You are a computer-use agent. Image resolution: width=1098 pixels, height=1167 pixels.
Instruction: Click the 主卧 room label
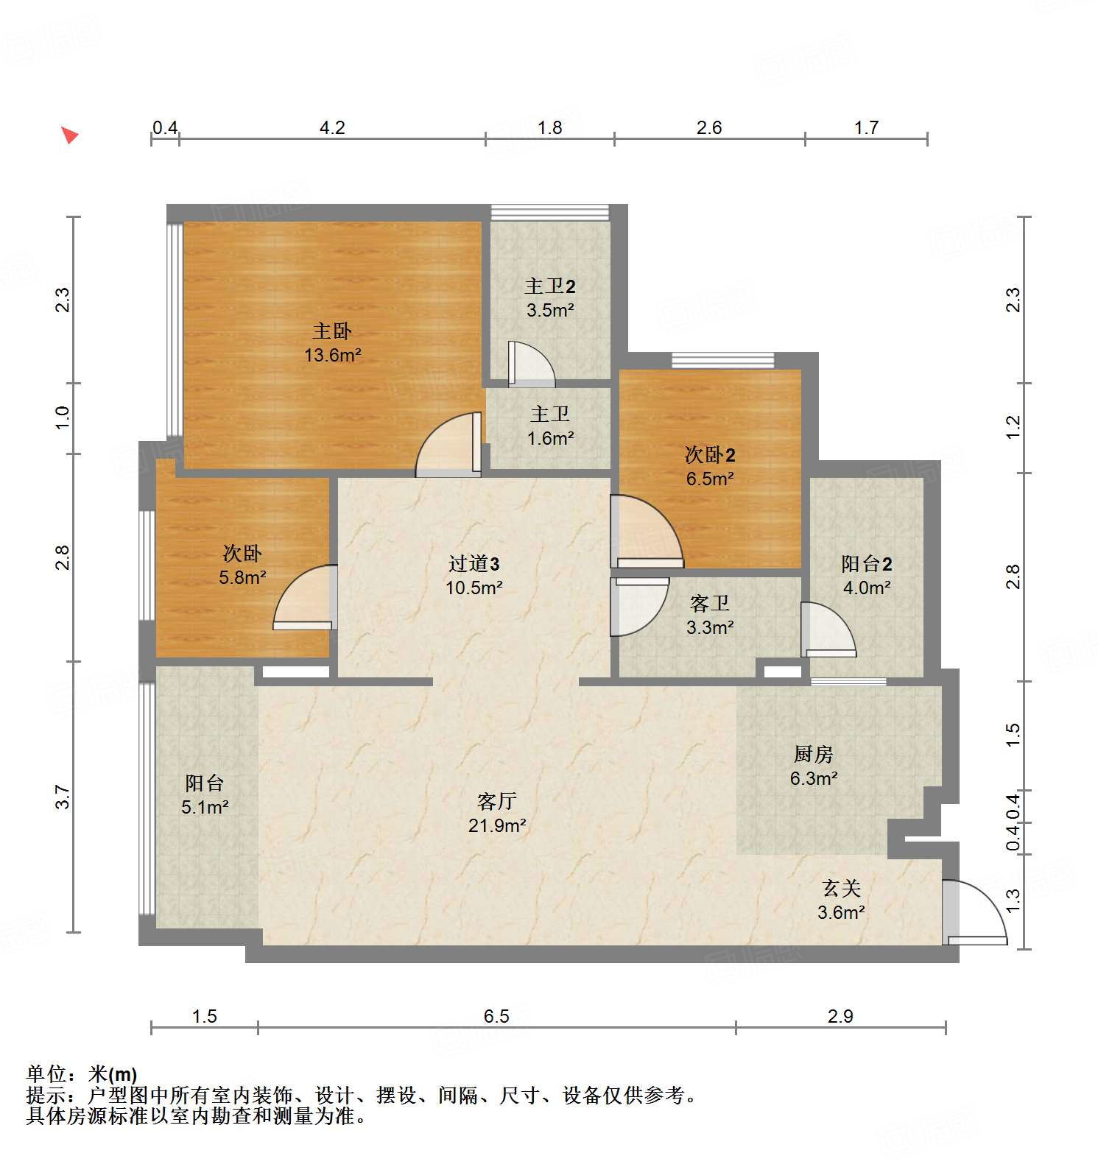coord(332,331)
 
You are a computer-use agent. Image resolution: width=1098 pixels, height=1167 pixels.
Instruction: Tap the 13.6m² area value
coord(332,355)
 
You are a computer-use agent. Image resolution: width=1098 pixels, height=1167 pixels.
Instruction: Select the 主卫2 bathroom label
coord(549,286)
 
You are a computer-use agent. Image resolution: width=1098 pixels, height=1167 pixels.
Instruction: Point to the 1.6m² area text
coord(550,439)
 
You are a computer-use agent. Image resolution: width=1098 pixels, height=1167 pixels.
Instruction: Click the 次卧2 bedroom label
coord(710,454)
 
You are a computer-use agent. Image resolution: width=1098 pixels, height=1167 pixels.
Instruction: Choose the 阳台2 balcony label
coord(866,564)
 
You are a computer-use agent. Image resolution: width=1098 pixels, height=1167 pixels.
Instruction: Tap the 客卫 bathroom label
coord(709,604)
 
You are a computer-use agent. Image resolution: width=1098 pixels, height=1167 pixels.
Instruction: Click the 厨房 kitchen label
coord(813,754)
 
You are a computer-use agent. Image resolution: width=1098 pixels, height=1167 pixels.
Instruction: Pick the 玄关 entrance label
coord(841,888)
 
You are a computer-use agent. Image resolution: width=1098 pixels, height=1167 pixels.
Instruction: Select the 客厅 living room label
coord(496,801)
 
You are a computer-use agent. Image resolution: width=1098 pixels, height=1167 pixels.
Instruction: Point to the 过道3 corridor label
coord(474,564)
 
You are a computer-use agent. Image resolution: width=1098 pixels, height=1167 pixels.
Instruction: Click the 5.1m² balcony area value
coord(205,808)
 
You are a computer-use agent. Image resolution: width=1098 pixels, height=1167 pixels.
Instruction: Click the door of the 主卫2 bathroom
coord(531,364)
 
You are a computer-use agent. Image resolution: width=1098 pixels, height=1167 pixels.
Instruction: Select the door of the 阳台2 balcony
coord(828,630)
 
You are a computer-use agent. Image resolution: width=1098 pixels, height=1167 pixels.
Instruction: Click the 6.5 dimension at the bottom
coord(496,1017)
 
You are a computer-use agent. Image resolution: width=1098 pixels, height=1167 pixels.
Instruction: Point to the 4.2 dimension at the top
coord(332,128)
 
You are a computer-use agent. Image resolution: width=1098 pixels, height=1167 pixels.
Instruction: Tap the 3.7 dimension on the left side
coord(63,797)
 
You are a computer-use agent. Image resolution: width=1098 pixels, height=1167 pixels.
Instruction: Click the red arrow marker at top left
coord(69,135)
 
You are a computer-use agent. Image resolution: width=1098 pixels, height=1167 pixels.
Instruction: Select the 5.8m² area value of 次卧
coord(242,577)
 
